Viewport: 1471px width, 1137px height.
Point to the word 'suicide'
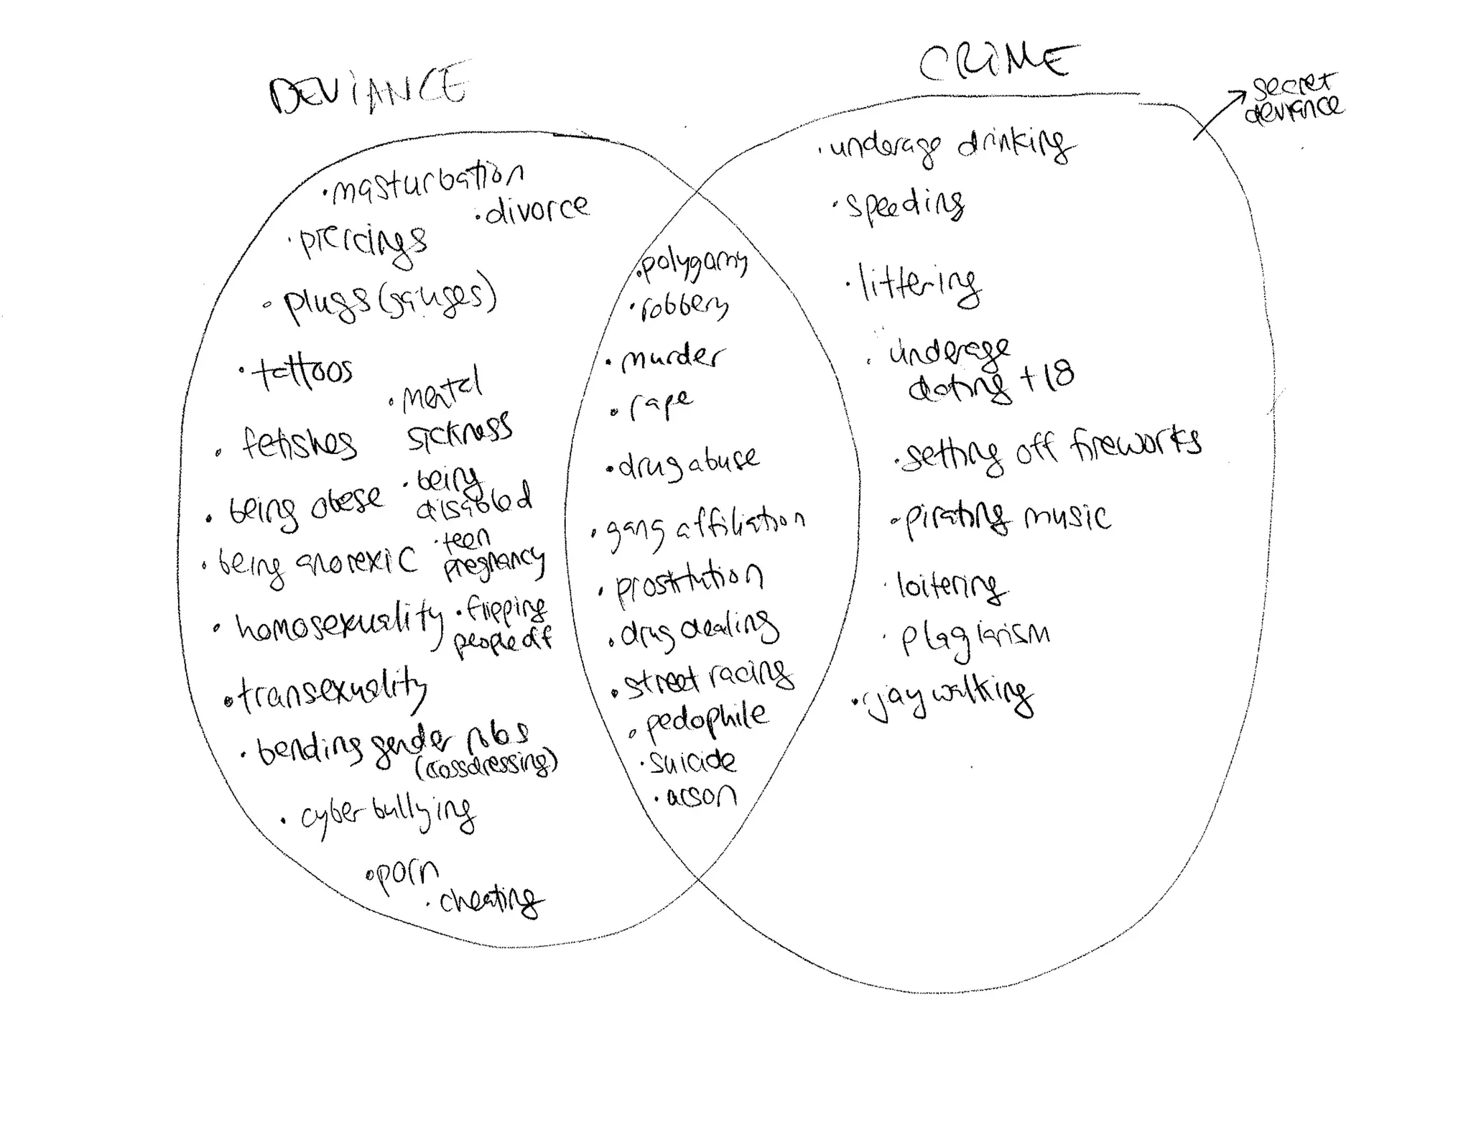(x=692, y=762)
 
